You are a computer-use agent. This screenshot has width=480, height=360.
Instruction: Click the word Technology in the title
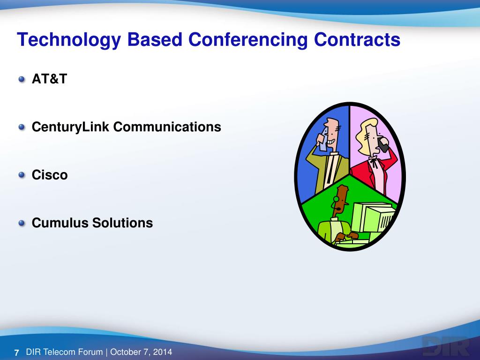pos(69,40)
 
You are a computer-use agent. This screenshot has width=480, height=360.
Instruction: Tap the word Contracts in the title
pos(357,39)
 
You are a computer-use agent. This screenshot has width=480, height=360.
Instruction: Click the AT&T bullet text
pos(49,79)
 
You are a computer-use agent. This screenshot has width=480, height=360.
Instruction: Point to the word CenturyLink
pos(70,127)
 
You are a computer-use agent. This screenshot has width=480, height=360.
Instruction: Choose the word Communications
pos(167,127)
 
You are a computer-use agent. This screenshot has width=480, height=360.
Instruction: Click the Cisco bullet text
pos(50,175)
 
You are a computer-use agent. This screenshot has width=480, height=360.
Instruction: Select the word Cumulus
pos(60,223)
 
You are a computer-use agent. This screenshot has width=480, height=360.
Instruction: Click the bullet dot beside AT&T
pos(22,79)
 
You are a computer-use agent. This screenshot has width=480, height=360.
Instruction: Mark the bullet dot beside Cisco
pos(22,175)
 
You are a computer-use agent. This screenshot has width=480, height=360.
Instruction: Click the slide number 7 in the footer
pos(16,352)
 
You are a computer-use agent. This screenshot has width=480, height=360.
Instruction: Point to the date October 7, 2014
pos(141,352)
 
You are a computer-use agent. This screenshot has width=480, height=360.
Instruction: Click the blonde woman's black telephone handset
pos(383,144)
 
